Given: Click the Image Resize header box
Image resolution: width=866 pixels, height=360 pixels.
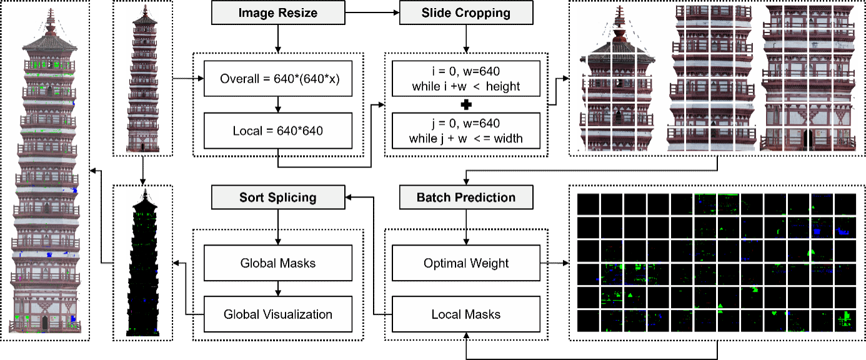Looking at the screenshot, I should click(x=278, y=12).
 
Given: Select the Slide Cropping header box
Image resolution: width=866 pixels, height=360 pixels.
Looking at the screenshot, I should click(x=466, y=12).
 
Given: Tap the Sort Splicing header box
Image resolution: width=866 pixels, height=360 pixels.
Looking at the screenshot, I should click(x=278, y=197).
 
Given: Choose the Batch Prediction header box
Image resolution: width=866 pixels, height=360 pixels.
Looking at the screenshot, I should click(x=466, y=197).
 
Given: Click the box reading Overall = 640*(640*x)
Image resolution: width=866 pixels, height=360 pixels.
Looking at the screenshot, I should click(x=278, y=79).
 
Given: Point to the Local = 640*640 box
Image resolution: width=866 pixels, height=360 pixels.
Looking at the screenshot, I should click(x=278, y=131).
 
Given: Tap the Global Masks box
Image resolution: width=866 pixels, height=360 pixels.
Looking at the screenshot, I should click(x=278, y=263).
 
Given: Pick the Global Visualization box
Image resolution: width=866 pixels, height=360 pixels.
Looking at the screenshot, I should click(x=278, y=314).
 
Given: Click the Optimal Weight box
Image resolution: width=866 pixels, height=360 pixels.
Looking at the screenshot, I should click(x=466, y=263).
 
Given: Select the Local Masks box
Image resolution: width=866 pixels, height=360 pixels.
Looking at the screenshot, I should click(x=466, y=314).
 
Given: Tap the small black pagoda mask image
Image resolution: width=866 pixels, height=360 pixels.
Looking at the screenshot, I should click(x=143, y=262).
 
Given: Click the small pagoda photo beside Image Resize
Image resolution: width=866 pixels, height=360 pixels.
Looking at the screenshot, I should click(x=143, y=78).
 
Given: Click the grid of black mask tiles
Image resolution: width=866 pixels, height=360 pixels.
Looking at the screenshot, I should click(x=717, y=262).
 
